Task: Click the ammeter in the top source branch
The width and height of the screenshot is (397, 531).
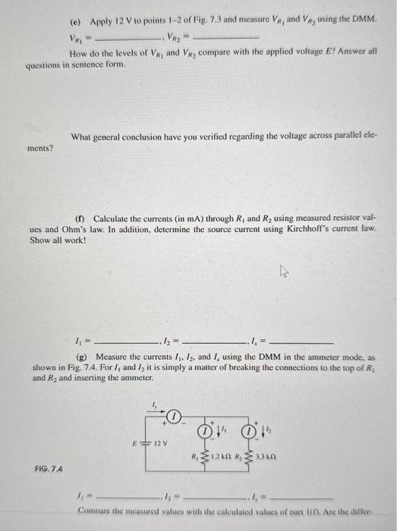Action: pyautogui.click(x=174, y=416)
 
